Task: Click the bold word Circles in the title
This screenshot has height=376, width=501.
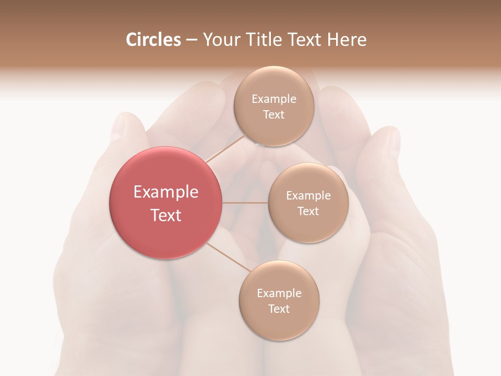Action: tap(153, 40)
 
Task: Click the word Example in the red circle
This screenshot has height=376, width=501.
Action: tap(166, 192)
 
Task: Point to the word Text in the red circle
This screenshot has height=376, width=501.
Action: tap(166, 215)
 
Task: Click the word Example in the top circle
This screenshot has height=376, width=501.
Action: tap(274, 99)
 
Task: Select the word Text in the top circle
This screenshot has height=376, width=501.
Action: tap(273, 115)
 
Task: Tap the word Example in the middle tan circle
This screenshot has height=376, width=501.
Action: tap(308, 196)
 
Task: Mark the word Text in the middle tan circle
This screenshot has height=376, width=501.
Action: tap(308, 211)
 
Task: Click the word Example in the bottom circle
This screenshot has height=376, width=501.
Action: tap(279, 293)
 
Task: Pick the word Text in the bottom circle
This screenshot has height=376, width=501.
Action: tap(279, 309)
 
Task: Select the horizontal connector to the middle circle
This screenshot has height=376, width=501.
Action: tap(245, 203)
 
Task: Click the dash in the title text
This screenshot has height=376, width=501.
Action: tap(192, 40)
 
